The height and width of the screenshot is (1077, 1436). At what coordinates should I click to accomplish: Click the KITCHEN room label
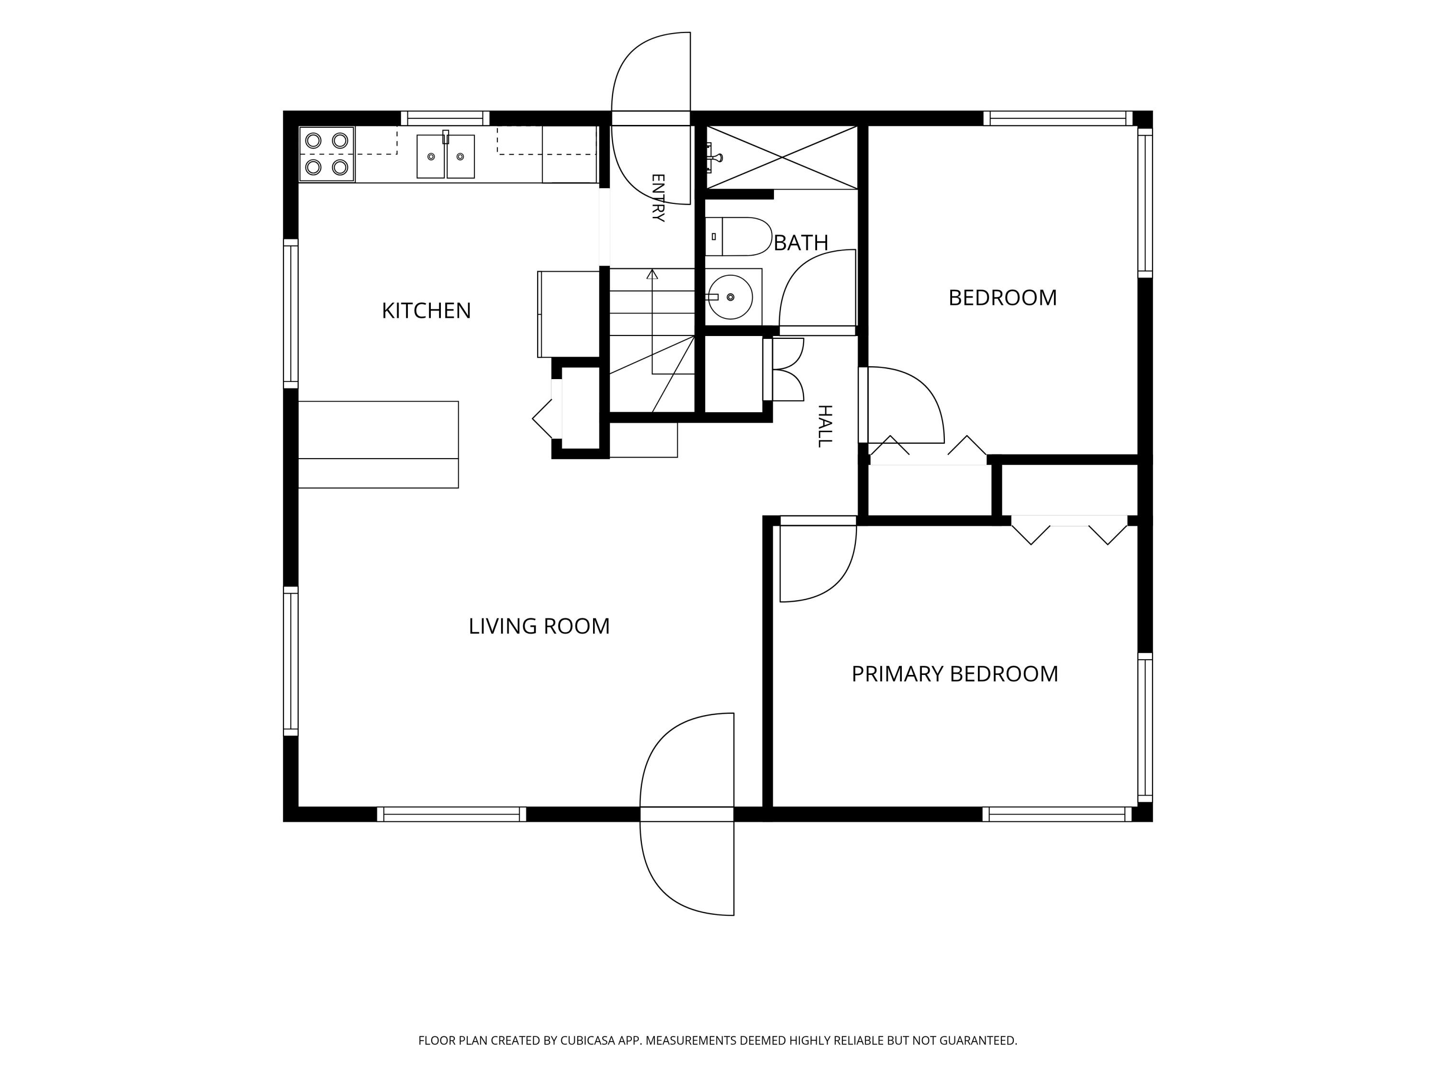point(426,311)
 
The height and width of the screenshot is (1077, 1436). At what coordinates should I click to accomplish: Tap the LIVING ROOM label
point(539,627)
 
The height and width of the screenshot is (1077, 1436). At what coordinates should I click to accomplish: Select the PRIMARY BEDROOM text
point(954,674)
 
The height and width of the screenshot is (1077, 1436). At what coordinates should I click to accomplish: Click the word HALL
point(824,426)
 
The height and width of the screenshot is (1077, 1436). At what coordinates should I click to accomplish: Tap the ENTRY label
point(657,198)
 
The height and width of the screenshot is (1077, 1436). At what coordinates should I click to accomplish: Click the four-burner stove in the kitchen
point(326,154)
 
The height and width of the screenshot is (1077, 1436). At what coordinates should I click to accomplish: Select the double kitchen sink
point(445,156)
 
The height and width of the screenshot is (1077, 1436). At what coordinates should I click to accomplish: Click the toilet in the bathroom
point(738,236)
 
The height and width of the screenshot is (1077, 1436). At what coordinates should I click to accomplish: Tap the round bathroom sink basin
point(730,297)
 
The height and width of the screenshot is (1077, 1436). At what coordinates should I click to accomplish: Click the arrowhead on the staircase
point(652,274)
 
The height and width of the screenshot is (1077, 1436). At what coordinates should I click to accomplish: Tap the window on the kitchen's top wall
point(445,118)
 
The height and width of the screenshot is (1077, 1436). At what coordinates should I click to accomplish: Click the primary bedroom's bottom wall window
point(1057,814)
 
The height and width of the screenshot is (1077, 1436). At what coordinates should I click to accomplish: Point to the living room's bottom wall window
point(451,814)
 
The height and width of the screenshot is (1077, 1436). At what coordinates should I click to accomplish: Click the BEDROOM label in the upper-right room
point(1002,298)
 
